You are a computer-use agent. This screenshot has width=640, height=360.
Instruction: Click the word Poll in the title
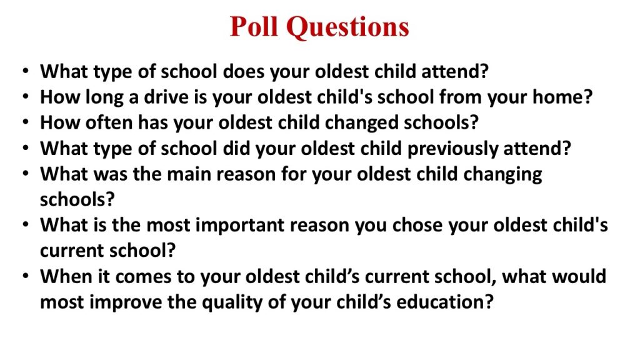coord(254,27)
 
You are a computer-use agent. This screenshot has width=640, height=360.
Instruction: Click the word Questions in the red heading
coord(347,27)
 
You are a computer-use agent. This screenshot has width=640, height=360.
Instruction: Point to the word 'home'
coord(557,97)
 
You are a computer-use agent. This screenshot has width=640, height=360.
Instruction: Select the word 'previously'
coord(452,149)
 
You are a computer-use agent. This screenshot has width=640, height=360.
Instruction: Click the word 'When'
coord(66,276)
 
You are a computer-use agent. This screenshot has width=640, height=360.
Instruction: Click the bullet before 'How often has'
coord(26,122)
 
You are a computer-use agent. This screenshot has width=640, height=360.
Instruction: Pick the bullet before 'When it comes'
coord(26,276)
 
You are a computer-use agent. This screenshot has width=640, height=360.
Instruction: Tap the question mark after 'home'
coord(587,97)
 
